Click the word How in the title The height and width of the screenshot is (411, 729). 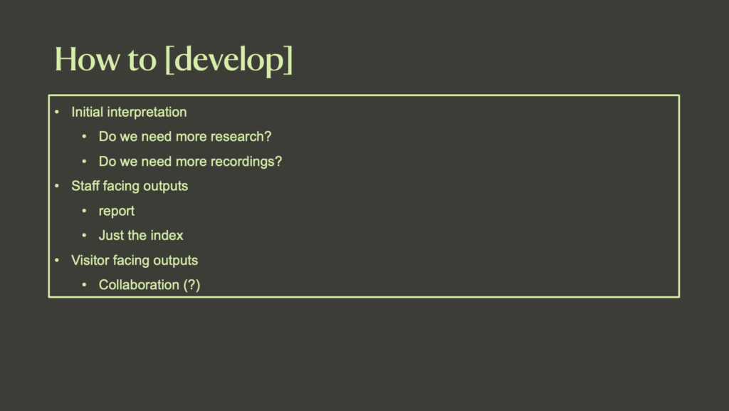(86, 59)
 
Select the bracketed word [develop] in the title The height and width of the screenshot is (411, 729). (229, 61)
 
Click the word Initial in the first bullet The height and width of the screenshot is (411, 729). (87, 112)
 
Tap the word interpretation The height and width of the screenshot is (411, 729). (147, 113)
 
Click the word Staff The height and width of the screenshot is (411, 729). (85, 186)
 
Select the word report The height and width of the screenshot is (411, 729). (117, 212)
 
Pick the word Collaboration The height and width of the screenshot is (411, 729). (139, 285)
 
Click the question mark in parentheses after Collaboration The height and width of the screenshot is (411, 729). (192, 285)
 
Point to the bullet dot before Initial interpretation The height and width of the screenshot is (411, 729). (57, 112)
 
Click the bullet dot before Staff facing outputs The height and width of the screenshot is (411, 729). (57, 186)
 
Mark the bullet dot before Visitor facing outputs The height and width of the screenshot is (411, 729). (57, 261)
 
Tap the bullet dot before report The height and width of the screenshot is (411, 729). (84, 211)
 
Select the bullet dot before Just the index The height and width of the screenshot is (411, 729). (84, 235)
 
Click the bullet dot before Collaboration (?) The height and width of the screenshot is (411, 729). (84, 285)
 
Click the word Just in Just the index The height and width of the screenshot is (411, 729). (110, 235)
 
